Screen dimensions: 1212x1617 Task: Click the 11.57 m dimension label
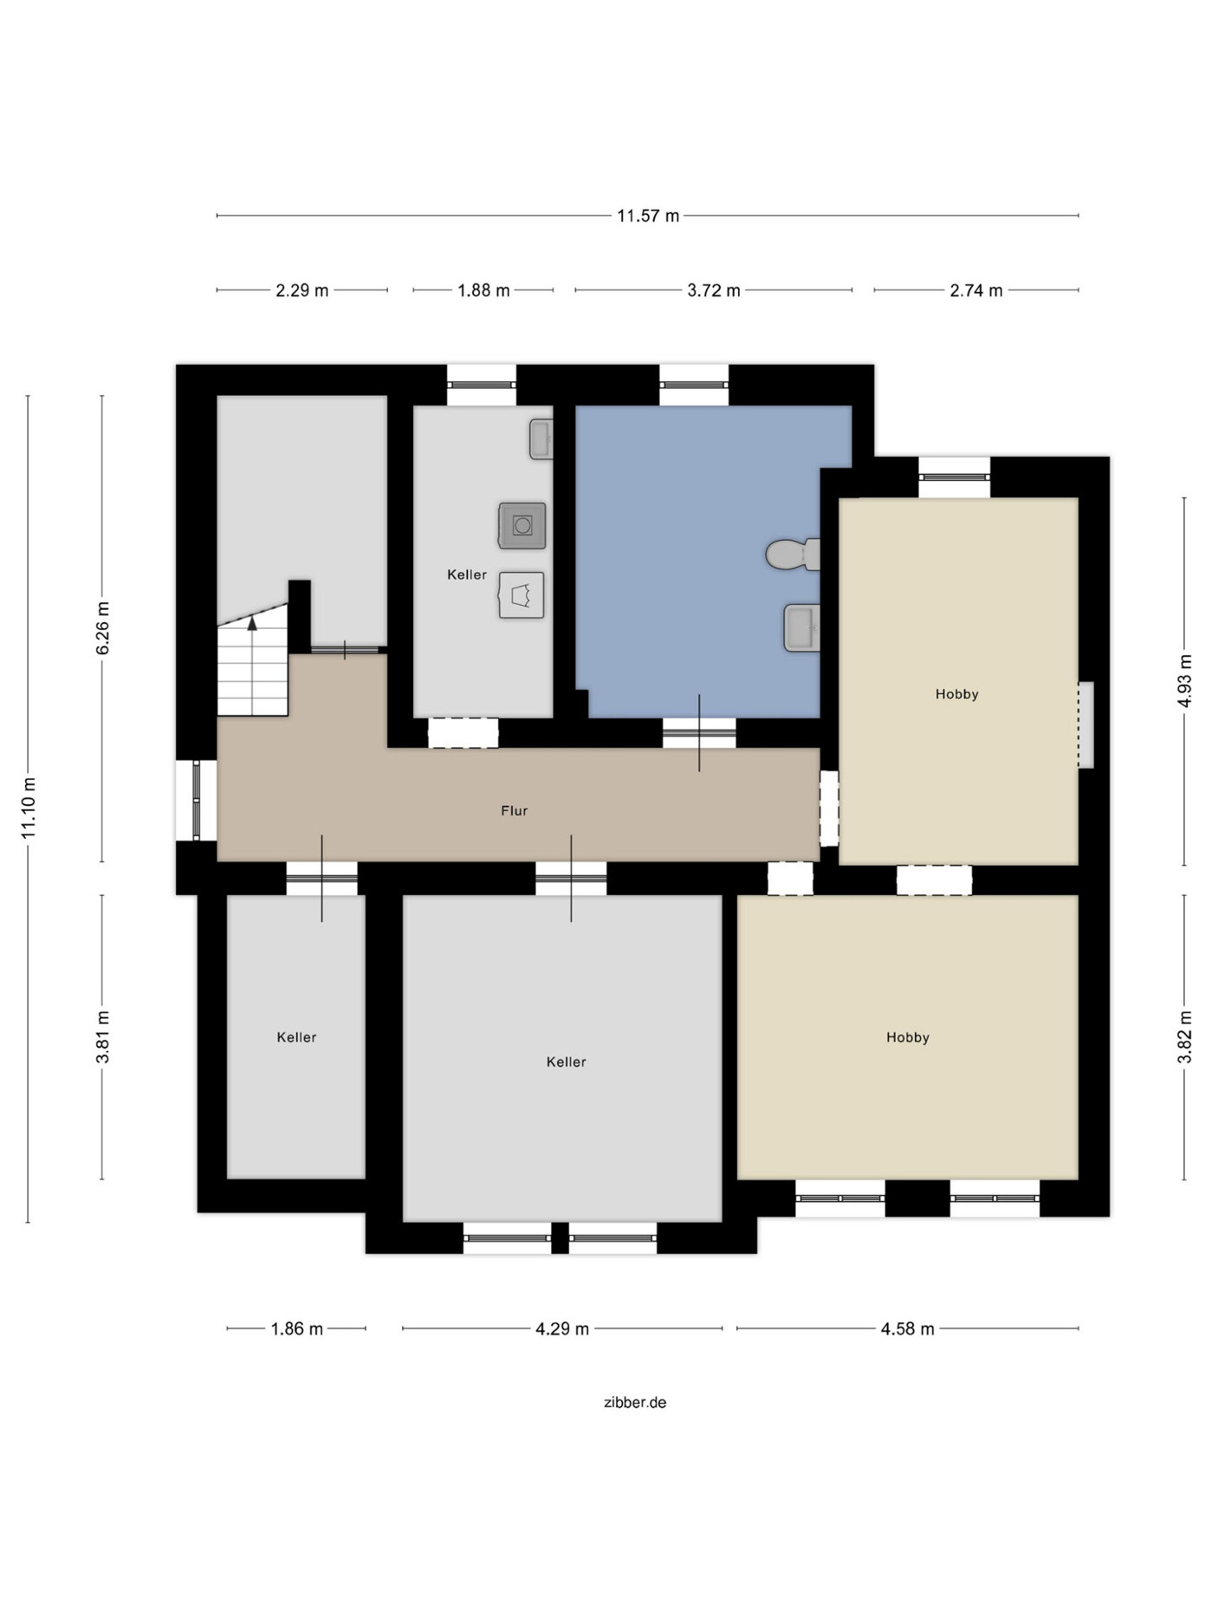tap(647, 216)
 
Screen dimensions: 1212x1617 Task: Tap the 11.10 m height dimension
tap(29, 808)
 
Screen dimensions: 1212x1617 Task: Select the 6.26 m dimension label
tap(102, 628)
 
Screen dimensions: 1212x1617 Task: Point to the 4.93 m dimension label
tap(1184, 681)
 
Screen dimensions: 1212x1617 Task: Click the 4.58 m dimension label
tap(907, 1328)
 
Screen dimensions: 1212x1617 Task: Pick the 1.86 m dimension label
tap(296, 1328)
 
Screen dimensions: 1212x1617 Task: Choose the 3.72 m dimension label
tap(713, 290)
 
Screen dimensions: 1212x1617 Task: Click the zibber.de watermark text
tap(635, 1402)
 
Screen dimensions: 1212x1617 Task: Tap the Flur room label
tap(514, 811)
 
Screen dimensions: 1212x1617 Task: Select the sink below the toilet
tap(801, 627)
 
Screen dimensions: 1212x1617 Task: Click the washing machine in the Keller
tap(522, 525)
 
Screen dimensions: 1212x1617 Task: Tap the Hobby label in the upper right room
tap(956, 694)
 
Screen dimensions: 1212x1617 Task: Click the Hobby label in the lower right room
tap(907, 1037)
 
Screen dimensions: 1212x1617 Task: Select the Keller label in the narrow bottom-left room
tap(296, 1037)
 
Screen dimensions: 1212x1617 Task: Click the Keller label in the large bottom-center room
tap(566, 1062)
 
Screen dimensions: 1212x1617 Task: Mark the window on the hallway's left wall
tap(197, 800)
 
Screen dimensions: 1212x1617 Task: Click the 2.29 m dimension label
tap(301, 290)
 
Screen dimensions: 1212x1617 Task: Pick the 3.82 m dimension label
tap(1184, 1036)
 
